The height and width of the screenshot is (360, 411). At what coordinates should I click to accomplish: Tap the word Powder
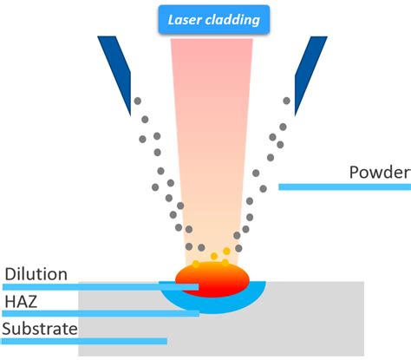[378, 172]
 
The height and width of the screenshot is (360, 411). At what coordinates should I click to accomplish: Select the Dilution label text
[36, 274]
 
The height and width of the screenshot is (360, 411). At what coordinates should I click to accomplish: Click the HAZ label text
[20, 301]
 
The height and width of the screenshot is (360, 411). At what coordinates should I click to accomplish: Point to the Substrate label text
[40, 329]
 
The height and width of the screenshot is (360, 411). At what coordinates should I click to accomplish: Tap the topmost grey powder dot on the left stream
[137, 102]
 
